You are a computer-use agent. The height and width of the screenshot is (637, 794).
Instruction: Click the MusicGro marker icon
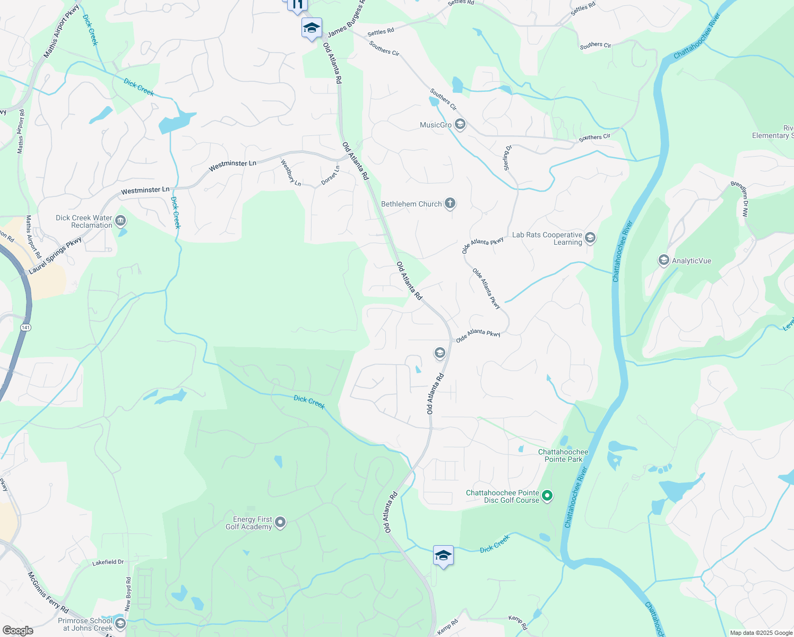(460, 125)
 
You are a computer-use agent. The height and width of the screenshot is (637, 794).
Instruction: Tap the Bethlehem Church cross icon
(450, 203)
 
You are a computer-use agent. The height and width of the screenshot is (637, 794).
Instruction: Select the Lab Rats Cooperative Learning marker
(590, 238)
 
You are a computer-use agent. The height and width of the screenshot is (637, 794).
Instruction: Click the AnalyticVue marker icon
(663, 260)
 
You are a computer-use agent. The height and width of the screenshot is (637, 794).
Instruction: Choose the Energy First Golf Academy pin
(281, 523)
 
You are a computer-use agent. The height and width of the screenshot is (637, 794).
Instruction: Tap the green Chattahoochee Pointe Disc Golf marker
(547, 496)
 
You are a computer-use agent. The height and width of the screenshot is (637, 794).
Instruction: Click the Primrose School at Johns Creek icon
(120, 623)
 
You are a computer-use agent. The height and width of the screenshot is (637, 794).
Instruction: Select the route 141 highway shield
(25, 328)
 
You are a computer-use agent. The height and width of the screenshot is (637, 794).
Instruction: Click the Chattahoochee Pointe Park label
(563, 455)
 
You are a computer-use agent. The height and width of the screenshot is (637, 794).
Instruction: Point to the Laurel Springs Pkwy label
(55, 256)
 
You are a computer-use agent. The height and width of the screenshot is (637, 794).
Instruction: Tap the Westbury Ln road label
(291, 173)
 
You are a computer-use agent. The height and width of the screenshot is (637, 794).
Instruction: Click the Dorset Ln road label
(330, 176)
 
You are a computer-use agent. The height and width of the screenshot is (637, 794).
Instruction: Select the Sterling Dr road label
(507, 158)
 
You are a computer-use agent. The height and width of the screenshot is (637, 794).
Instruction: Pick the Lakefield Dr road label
(108, 562)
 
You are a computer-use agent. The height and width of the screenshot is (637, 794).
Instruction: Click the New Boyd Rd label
(128, 594)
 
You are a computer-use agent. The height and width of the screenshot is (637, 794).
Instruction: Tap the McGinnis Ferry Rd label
(48, 591)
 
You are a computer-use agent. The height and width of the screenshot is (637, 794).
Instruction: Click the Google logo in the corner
(18, 630)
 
